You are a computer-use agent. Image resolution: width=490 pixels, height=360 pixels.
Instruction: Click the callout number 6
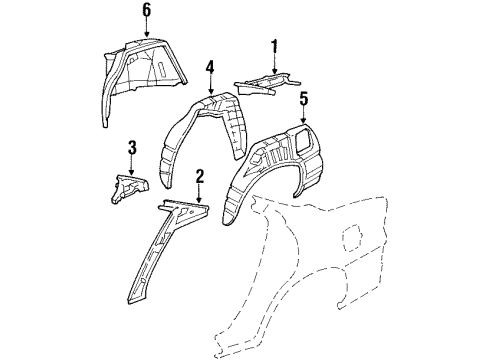coord(146,11)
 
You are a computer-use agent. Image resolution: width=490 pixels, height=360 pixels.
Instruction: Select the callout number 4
coord(210,68)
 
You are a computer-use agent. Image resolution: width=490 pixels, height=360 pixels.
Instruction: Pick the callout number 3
coord(131,149)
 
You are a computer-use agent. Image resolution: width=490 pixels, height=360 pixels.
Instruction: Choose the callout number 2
coord(199,177)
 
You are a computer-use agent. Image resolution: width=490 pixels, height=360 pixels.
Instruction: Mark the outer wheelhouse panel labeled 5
coord(275,165)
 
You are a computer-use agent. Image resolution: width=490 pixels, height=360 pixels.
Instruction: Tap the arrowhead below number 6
coord(146,37)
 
